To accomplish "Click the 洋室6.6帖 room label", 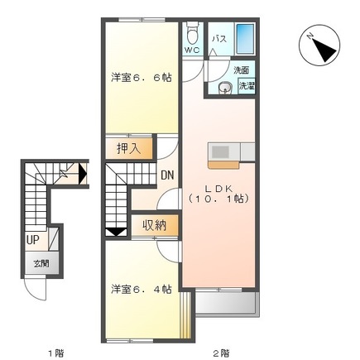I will coord(142,78).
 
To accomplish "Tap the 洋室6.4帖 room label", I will coord(142,289).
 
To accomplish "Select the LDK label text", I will coord(219,187).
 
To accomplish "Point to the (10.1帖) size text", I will coord(219,199).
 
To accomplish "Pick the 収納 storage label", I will coord(154,224).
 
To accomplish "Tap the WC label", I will coord(191,50).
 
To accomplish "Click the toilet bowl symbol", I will coord(192,34).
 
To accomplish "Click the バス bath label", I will coord(219,39).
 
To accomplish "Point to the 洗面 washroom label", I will coord(241,70).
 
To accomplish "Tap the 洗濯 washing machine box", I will coord(247,85).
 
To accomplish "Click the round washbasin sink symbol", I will coord(224,89).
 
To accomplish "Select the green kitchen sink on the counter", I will coord(222,151).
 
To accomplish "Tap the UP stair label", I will coord(33,240).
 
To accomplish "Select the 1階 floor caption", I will coord(55,353).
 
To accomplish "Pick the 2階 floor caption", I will coord(220,353).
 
